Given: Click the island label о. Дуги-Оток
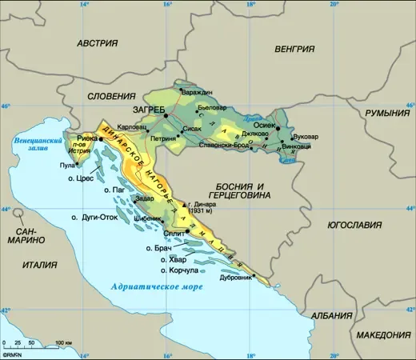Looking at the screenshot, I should pos(94,217).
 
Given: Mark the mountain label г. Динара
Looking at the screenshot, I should pos(207,205).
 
